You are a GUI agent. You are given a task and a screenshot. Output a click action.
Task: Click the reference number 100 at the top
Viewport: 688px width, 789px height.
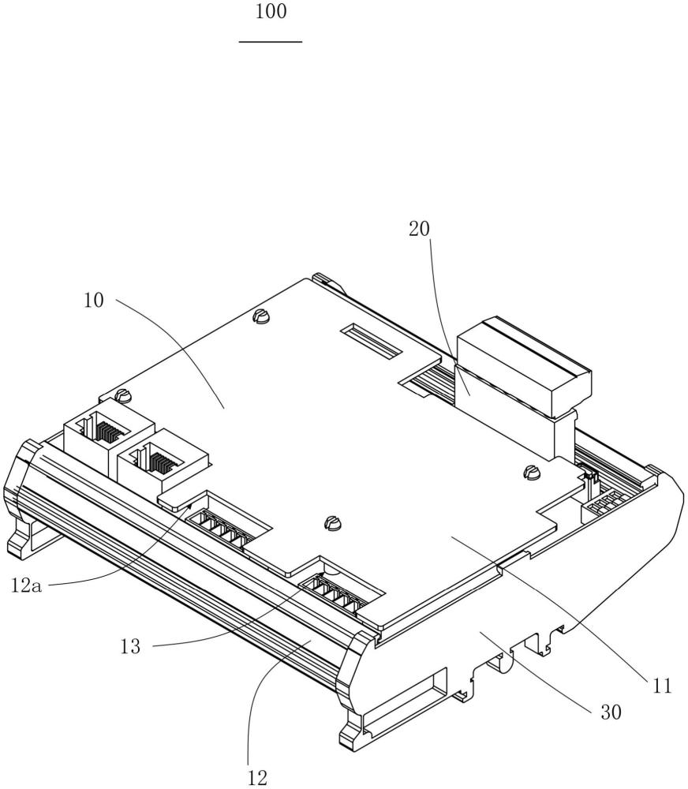pos(271,11)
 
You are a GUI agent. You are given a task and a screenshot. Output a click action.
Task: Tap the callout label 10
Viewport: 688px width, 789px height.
pos(93,301)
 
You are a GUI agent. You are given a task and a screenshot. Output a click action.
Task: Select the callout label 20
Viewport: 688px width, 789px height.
pos(419,229)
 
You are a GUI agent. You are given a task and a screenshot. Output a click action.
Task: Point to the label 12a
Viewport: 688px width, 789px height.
pos(26,585)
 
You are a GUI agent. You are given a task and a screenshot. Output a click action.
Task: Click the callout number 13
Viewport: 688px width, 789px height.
pos(130,646)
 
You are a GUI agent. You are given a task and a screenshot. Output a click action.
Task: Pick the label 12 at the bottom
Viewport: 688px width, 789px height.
pos(257,778)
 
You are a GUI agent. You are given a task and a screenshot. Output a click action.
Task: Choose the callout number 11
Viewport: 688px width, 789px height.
pos(662,686)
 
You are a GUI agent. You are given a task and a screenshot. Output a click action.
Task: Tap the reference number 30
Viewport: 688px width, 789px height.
pos(611,712)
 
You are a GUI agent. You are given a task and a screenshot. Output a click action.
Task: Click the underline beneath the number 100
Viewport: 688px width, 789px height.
pos(271,42)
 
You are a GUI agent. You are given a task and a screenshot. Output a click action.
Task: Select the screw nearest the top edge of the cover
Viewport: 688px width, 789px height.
pos(261,316)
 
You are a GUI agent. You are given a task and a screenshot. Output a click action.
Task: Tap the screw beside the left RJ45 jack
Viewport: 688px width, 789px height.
pos(122,395)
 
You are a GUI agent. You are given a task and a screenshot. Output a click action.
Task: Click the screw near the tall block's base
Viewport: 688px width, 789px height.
pos(531,472)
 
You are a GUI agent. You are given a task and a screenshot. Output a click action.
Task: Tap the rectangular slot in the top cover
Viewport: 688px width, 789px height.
pos(371,341)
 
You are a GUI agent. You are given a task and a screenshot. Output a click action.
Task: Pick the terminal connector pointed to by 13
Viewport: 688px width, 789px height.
pos(337,595)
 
